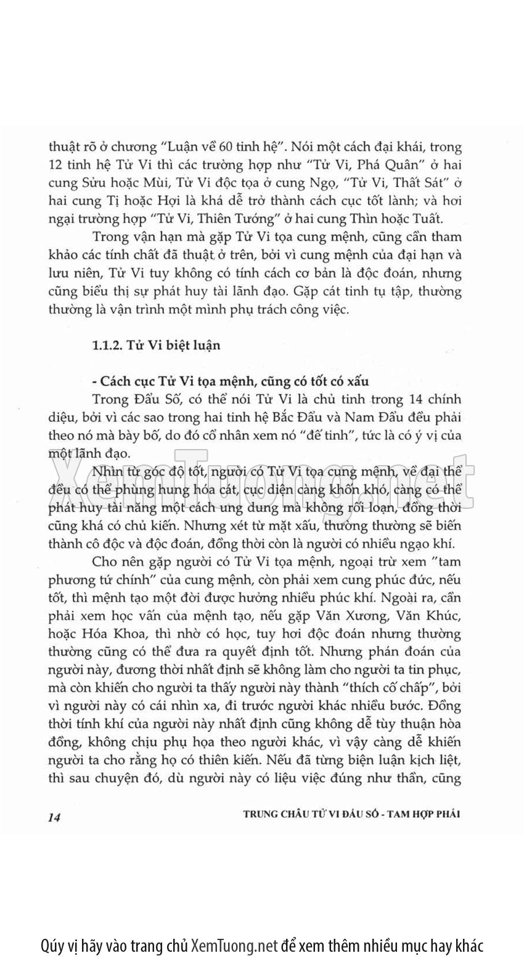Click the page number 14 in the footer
click(52, 817)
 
